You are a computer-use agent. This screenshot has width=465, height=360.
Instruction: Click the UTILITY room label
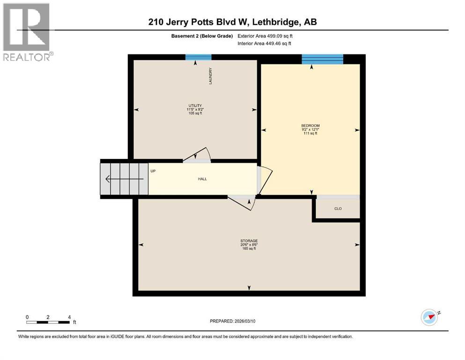(x=195, y=105)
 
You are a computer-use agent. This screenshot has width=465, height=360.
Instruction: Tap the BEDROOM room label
(x=310, y=126)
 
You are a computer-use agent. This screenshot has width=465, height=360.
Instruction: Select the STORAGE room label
(x=249, y=241)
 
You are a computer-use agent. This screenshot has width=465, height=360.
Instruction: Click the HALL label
(x=202, y=179)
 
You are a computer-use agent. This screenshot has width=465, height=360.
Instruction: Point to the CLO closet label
(x=338, y=209)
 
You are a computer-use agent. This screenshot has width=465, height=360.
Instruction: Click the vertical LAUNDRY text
(x=211, y=76)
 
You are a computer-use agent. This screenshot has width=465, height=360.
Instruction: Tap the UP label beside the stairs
(x=153, y=171)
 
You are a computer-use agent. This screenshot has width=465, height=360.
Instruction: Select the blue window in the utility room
(x=198, y=57)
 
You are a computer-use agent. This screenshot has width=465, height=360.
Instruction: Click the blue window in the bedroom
(x=322, y=59)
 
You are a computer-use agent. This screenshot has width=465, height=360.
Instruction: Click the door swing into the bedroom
(x=264, y=180)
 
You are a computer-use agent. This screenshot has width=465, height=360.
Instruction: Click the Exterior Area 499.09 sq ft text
(x=265, y=36)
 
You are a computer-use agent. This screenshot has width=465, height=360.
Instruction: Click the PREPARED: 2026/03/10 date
(x=233, y=321)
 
